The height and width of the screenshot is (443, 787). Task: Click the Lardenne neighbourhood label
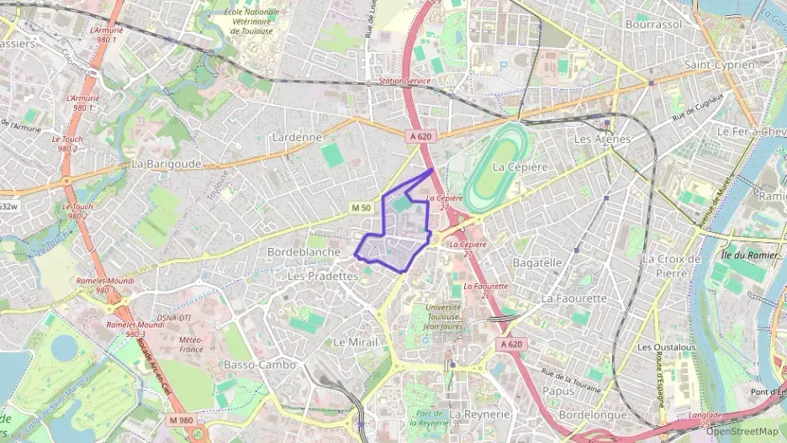click(297, 136)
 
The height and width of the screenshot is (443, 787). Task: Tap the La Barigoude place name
click(166, 164)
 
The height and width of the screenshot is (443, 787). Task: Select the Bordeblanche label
click(304, 251)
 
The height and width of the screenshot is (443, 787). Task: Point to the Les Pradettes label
click(323, 276)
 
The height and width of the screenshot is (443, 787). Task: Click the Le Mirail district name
click(355, 342)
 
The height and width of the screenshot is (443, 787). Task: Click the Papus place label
click(558, 390)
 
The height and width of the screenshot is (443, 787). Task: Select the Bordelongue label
click(593, 414)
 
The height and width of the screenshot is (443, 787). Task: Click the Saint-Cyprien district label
click(719, 64)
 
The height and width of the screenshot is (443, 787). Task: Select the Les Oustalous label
click(666, 346)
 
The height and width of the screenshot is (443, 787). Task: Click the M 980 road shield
click(180, 419)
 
